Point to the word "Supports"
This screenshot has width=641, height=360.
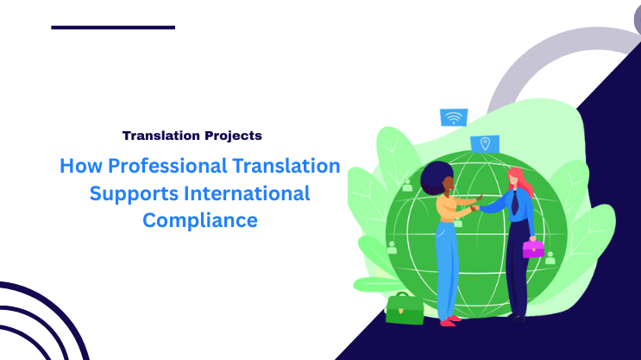click(x=129, y=193)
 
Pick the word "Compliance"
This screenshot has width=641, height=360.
click(x=199, y=219)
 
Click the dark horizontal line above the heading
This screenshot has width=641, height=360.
click(x=113, y=28)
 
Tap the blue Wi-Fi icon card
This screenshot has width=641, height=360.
click(x=453, y=117)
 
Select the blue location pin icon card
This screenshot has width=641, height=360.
click(x=486, y=143)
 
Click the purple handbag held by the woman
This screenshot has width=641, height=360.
click(x=533, y=249)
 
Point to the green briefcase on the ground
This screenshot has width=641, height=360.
click(x=404, y=308)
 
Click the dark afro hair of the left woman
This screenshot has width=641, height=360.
click(x=437, y=176)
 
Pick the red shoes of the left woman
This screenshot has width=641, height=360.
click(x=448, y=321)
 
